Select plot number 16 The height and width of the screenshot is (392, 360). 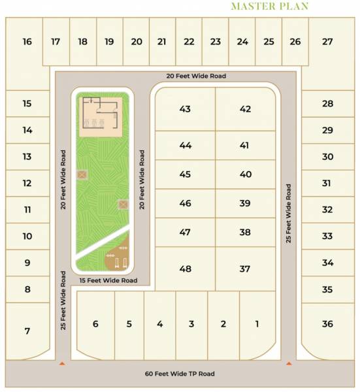[27, 42]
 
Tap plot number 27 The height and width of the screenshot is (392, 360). [327, 42]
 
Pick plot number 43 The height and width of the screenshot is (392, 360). [185, 109]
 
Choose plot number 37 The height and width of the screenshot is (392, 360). [245, 269]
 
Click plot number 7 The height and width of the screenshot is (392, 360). [27, 331]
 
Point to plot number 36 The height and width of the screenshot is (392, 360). [327, 323]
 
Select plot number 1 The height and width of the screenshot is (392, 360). [257, 323]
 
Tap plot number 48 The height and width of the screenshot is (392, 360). [185, 269]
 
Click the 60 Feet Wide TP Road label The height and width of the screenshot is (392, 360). [180, 374]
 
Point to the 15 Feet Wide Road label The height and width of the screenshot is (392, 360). [108, 280]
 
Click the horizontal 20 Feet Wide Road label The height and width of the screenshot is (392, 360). [196, 76]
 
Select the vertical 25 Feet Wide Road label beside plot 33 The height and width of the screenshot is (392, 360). [288, 214]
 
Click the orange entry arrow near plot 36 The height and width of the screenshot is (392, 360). [288, 363]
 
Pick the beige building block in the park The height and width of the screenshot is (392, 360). [101, 116]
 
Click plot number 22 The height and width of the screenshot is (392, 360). [189, 42]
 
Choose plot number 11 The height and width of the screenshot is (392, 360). [27, 210]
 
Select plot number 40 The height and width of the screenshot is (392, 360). [245, 174]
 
